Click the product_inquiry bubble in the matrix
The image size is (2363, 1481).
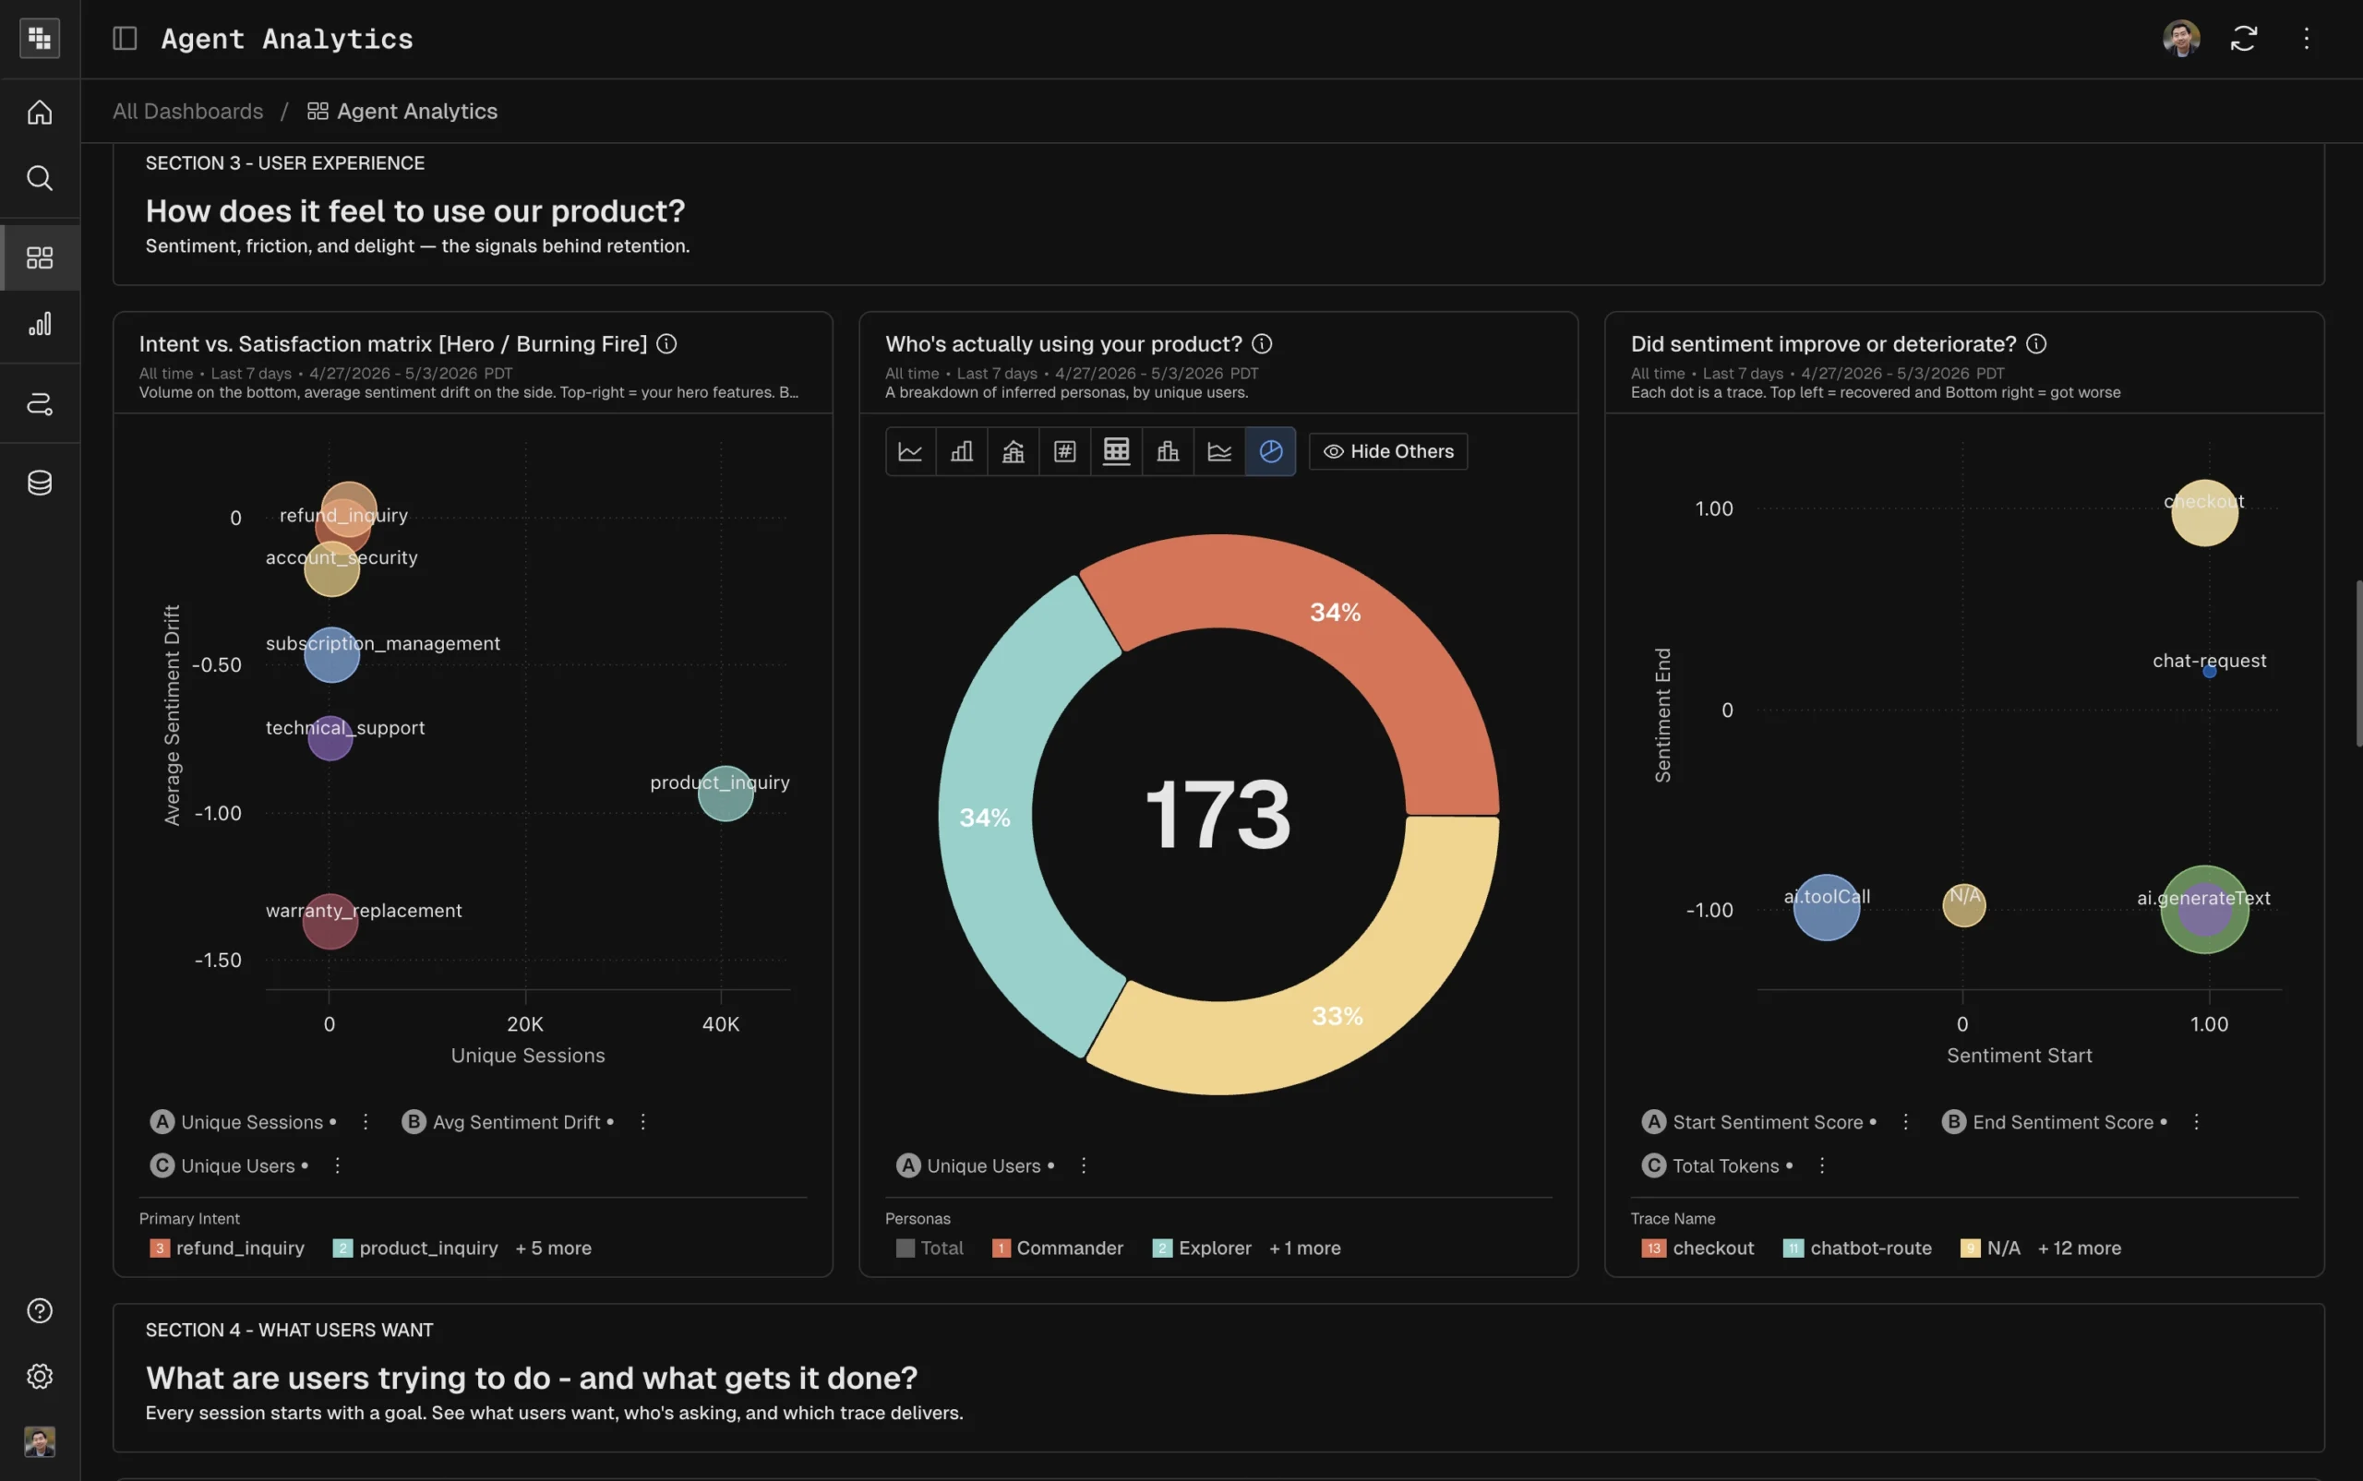[x=725, y=794]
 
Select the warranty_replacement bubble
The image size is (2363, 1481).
[x=330, y=921]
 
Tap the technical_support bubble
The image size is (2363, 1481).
[x=330, y=737]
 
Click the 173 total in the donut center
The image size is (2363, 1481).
[x=1217, y=814]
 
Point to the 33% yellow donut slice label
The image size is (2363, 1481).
[x=1337, y=1016]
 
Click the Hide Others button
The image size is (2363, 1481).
[x=1388, y=451]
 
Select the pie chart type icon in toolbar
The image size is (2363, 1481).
[x=1270, y=451]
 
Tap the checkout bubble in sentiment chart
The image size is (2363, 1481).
[x=2204, y=512]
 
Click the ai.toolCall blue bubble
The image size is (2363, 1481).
[x=1826, y=908]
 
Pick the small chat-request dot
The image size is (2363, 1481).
[x=2209, y=672]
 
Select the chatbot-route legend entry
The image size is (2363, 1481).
[x=1857, y=1248]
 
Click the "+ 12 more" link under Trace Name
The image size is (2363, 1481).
[x=2079, y=1248]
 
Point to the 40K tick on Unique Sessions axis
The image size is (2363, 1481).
[x=721, y=1023]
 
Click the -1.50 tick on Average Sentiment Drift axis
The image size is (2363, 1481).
[x=218, y=960]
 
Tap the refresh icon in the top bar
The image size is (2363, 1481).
[x=2244, y=38]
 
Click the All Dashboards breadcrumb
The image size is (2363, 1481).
[x=188, y=111]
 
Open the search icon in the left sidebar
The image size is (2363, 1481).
[x=39, y=178]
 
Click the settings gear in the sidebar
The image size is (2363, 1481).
[x=39, y=1376]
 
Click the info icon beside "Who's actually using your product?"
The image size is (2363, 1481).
[x=1262, y=344]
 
